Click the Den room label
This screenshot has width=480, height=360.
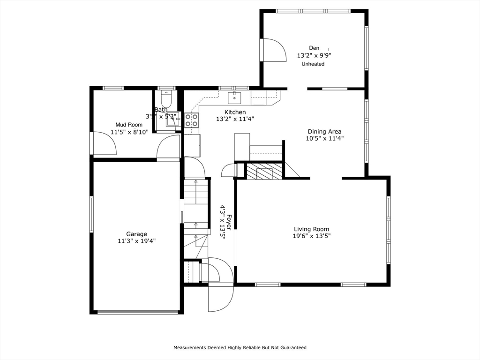click(314, 48)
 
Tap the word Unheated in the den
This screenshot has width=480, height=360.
click(313, 64)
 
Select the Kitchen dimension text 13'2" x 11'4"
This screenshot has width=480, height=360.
click(235, 119)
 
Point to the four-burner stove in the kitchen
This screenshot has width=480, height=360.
click(191, 120)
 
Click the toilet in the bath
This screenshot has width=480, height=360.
click(166, 99)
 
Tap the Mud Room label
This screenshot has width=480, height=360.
click(129, 125)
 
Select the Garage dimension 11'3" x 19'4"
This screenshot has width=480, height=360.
click(136, 241)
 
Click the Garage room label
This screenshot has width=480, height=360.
click(136, 234)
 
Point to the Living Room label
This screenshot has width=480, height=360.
click(311, 229)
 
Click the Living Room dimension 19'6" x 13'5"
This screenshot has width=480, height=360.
click(311, 236)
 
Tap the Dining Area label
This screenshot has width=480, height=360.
click(324, 131)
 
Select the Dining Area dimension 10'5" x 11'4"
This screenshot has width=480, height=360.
click(324, 138)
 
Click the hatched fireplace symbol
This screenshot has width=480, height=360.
click(265, 171)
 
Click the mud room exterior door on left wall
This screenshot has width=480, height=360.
click(103, 143)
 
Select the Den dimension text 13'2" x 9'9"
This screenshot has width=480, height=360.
click(314, 55)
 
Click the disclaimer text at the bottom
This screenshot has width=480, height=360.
click(240, 348)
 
